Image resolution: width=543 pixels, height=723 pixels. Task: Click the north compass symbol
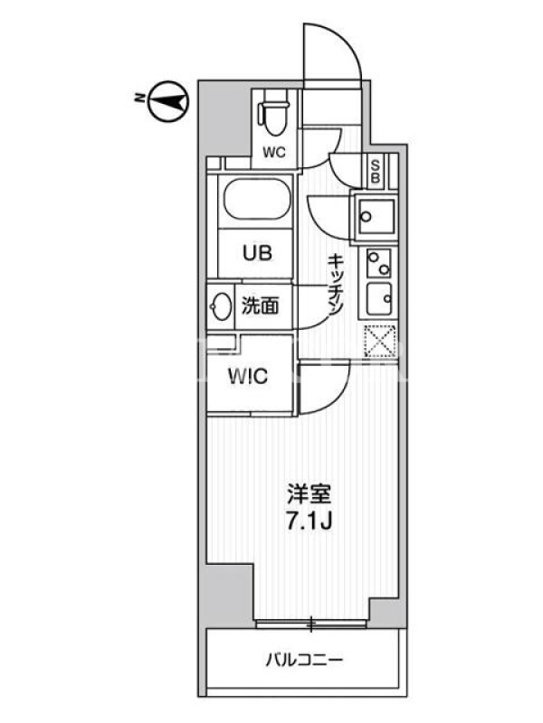click(168, 101)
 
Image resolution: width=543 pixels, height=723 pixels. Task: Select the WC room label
click(275, 152)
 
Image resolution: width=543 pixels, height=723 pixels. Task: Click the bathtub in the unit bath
click(257, 199)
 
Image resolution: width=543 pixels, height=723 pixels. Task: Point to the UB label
click(257, 253)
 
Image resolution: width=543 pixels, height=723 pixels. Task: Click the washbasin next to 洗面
click(221, 305)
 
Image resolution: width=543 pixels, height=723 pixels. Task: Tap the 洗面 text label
click(261, 305)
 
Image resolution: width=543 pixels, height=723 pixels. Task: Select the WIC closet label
click(248, 376)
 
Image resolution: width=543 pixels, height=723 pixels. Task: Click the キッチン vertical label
click(335, 285)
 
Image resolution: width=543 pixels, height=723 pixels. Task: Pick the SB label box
click(376, 171)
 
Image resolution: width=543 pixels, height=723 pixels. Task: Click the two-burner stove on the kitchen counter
click(379, 263)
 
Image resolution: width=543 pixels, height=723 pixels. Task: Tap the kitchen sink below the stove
click(379, 299)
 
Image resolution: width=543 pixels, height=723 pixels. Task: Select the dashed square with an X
click(380, 341)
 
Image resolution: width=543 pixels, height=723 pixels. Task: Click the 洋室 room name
click(309, 494)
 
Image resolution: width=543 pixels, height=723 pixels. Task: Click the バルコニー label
click(304, 661)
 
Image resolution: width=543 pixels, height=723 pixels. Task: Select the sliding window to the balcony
click(311, 624)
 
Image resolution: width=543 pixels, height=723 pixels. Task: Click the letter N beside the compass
click(138, 99)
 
